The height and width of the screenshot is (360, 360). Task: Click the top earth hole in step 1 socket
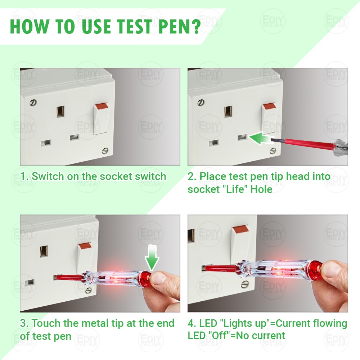pos(60,112)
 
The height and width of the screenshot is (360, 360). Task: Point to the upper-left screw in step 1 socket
pos(33,102)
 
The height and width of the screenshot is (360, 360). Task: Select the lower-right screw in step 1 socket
pos(105,150)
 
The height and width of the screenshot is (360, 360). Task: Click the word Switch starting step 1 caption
pos(48,176)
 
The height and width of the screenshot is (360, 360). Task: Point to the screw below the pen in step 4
pos(245,285)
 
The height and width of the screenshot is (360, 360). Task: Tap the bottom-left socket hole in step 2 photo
pos(213,143)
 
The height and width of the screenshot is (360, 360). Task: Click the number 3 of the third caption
pos(23,323)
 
